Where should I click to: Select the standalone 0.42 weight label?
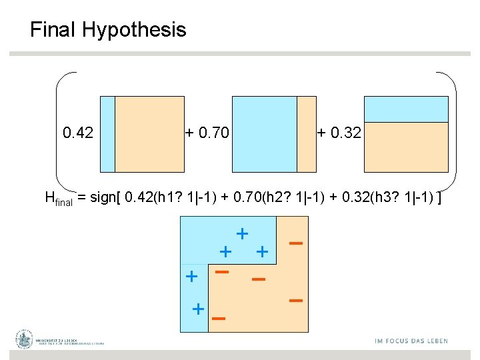pos(78,133)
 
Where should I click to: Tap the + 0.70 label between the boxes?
pos(207,133)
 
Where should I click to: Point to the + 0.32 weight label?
pos(339,133)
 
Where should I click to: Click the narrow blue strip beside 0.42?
pos(107,134)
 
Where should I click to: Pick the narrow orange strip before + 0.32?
pos(306,134)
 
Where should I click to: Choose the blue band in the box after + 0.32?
pos(406,109)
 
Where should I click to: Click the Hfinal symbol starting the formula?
pos(58,198)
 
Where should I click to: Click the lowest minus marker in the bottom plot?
pos(218,319)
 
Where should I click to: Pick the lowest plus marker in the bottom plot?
pos(198,309)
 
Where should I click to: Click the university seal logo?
pos(25,339)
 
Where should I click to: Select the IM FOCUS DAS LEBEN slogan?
pos(411,341)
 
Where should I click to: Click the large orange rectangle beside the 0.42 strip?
pos(149,134)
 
